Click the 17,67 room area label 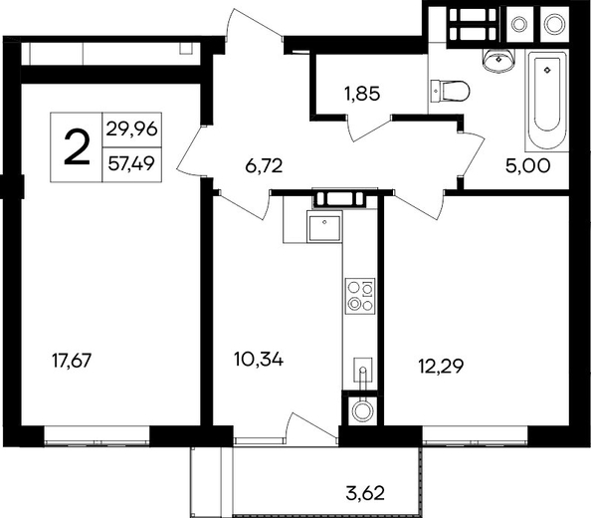(72, 361)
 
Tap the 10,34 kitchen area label (259, 359)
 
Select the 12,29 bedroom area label (441, 366)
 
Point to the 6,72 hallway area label (264, 166)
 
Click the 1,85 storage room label (362, 94)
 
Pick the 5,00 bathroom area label (527, 166)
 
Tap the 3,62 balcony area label (365, 493)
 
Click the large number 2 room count (78, 146)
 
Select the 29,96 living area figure (131, 129)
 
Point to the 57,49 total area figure (131, 163)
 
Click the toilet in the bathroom (450, 91)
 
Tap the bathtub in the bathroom (547, 101)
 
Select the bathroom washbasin (498, 61)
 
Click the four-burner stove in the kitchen (360, 297)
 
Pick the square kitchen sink (324, 226)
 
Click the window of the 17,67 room (97, 436)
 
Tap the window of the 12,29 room (475, 436)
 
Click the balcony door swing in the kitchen (311, 426)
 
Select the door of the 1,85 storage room (368, 129)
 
